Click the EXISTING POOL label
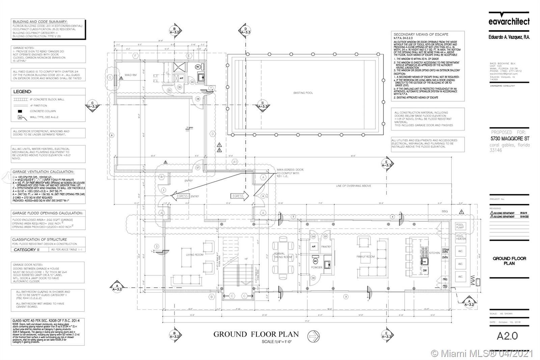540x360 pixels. point(303,93)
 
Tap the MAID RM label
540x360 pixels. point(131,75)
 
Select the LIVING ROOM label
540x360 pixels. point(195,255)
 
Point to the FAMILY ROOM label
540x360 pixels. point(366,257)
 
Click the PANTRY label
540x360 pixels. point(326,247)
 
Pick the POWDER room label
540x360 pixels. point(317,267)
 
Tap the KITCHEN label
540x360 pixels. point(434,253)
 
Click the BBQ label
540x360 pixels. point(445,211)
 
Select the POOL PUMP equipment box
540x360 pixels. point(460,226)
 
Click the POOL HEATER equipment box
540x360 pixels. point(460,237)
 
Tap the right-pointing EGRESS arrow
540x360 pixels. point(240,196)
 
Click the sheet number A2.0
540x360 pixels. point(507,336)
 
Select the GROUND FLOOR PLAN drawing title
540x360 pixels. point(256,334)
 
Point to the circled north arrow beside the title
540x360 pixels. point(314,336)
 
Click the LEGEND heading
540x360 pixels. point(23,92)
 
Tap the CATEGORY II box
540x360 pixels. point(27,250)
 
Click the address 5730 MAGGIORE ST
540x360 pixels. point(510,139)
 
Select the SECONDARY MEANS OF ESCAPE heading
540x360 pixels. point(421,34)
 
